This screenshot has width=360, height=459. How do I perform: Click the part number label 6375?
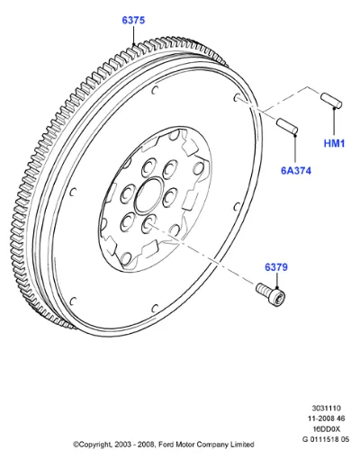[133, 20]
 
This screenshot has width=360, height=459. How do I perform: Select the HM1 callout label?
[334, 143]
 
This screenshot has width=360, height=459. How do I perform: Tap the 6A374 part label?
[296, 170]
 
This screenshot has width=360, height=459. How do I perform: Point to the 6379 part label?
[276, 267]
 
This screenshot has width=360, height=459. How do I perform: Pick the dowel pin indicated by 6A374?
[287, 126]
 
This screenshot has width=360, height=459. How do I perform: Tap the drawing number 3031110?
[326, 408]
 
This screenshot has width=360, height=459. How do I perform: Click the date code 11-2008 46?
[326, 418]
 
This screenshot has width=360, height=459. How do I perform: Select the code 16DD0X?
[326, 428]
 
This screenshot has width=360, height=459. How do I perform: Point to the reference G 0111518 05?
[326, 439]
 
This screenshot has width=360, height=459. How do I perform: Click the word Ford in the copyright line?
[165, 445]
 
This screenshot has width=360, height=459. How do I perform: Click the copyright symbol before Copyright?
[76, 445]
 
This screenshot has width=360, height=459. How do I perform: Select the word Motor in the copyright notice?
[183, 445]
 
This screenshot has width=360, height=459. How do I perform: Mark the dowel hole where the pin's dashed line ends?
[237, 97]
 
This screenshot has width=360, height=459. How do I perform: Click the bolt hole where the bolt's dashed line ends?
[149, 222]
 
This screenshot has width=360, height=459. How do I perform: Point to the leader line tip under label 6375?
[133, 45]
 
